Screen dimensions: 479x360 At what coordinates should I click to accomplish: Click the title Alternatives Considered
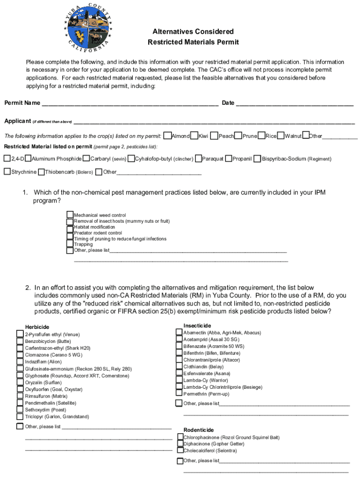click(193, 31)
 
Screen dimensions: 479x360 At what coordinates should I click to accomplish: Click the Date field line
click(295, 103)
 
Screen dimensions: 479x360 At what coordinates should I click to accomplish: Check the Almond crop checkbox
click(168, 136)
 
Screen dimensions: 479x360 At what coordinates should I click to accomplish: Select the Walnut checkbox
click(281, 136)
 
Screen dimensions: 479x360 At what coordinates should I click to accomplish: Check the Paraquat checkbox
click(199, 159)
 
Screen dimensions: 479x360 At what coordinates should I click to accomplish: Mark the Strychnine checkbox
click(7, 172)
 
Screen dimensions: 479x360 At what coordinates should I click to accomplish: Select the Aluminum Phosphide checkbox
click(28, 159)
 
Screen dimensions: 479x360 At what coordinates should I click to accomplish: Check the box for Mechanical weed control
click(70, 215)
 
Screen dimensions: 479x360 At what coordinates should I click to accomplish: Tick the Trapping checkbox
click(70, 244)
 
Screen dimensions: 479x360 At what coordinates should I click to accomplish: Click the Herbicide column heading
click(37, 327)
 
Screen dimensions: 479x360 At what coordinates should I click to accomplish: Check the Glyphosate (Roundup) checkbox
click(20, 376)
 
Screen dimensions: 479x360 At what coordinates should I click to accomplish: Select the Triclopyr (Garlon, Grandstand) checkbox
click(20, 416)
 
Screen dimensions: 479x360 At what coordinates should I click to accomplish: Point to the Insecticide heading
click(197, 326)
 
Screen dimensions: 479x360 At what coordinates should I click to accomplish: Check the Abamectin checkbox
click(179, 333)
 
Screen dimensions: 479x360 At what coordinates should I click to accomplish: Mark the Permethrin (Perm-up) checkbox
click(179, 394)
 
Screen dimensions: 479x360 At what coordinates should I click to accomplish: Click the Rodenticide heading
click(198, 430)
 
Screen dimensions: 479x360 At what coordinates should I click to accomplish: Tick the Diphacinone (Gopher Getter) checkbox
click(180, 444)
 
